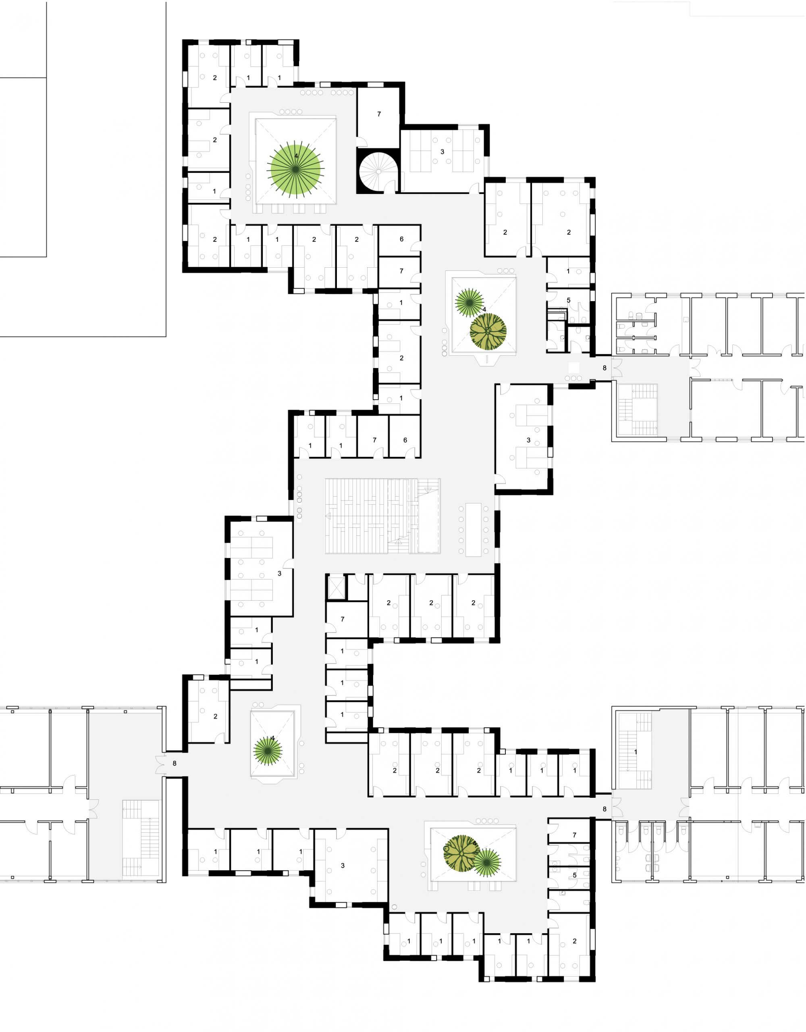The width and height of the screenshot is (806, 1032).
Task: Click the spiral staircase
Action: click(x=378, y=171)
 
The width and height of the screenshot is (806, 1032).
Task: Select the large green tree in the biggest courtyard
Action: click(x=296, y=169)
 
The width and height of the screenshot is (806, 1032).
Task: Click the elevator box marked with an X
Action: click(x=337, y=588)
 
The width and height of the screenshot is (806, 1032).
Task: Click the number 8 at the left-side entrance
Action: click(x=174, y=763)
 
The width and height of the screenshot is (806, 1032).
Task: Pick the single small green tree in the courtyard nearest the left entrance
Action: click(x=268, y=751)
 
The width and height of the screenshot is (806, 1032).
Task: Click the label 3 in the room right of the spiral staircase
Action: click(x=442, y=152)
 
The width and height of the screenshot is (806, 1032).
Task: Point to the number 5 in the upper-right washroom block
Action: click(x=568, y=300)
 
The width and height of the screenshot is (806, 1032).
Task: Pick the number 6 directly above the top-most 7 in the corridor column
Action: click(x=401, y=239)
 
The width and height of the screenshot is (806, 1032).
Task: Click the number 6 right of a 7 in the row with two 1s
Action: click(x=405, y=440)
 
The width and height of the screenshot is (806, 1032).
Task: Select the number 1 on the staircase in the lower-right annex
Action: click(x=636, y=751)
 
